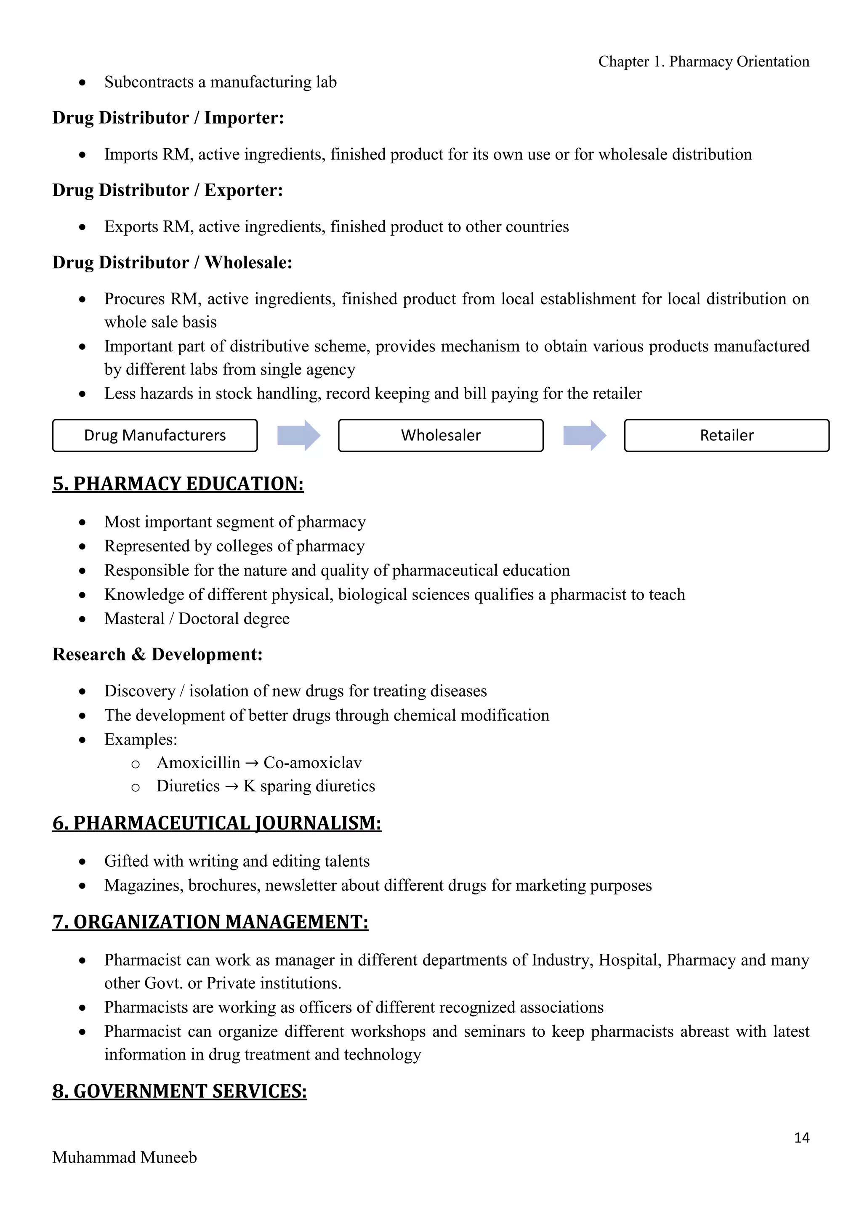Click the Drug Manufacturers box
coord(154,435)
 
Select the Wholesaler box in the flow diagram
coord(441,435)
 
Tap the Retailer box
coord(726,435)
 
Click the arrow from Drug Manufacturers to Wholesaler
coord(299,435)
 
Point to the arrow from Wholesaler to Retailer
coord(584,435)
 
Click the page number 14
coord(801,1137)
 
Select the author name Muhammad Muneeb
coord(125,1158)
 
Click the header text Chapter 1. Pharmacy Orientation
coord(703,61)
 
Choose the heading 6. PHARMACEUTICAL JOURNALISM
coord(217,823)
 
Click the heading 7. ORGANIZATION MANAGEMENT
coord(210,922)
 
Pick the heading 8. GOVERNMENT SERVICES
coord(179,1091)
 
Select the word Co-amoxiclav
coord(313,763)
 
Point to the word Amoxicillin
coord(199,763)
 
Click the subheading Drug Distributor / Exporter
coord(168,190)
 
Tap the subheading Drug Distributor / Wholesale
coord(172,262)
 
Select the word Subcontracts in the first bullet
coord(149,83)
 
